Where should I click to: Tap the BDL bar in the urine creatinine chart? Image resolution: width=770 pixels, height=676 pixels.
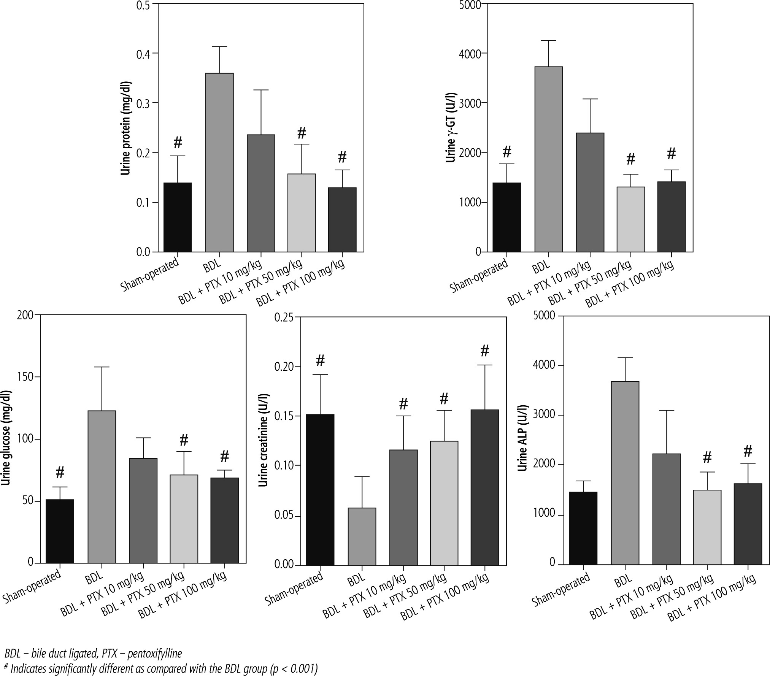pyautogui.click(x=362, y=536)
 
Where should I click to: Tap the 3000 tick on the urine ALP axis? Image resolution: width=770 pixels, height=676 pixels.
pyautogui.click(x=544, y=415)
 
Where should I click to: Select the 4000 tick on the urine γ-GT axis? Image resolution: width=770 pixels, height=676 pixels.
pyautogui.click(x=470, y=53)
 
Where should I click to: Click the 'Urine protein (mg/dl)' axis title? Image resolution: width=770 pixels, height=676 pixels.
pyautogui.click(x=126, y=128)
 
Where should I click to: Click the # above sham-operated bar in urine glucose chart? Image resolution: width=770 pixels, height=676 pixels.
pyautogui.click(x=60, y=473)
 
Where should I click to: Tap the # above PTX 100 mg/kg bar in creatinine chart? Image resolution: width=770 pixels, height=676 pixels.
pyautogui.click(x=484, y=351)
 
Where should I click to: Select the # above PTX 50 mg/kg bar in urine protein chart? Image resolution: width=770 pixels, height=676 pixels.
pyautogui.click(x=302, y=133)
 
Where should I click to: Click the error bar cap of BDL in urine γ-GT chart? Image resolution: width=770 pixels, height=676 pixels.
pyautogui.click(x=548, y=40)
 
